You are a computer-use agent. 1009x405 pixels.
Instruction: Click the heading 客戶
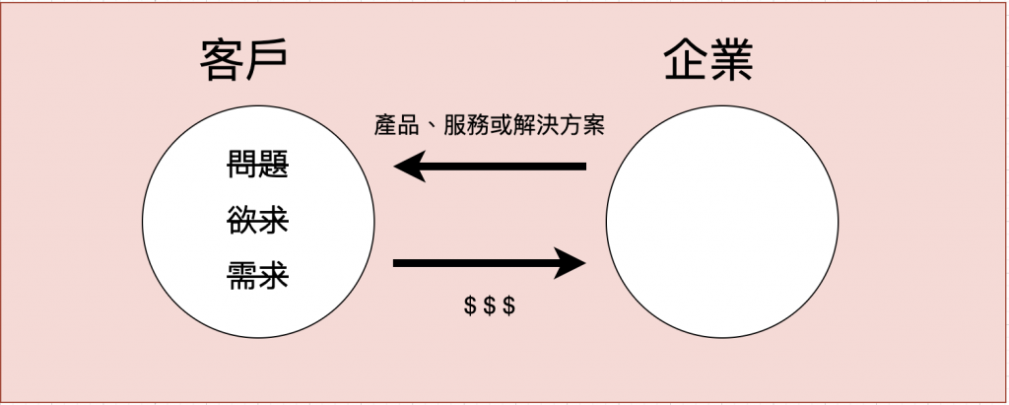[243, 62]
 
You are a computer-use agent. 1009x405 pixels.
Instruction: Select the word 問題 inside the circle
[258, 165]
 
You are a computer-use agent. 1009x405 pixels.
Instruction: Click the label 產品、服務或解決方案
[490, 126]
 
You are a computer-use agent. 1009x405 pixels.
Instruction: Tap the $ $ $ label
[490, 305]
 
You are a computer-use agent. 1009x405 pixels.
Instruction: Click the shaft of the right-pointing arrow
[473, 263]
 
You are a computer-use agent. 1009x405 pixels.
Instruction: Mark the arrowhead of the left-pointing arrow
[409, 167]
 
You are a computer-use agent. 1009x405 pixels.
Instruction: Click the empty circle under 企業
[721, 222]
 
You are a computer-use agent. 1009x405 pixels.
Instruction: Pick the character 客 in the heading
[221, 62]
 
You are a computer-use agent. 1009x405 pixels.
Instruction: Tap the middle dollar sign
[490, 305]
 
